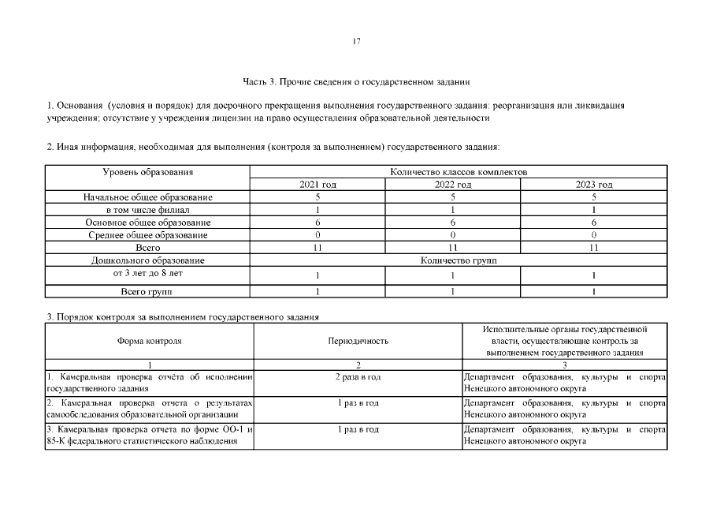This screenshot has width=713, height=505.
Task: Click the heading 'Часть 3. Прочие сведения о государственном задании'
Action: coord(357,81)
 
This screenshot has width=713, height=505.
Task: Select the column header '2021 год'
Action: coord(318,185)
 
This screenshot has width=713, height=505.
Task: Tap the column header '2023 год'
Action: coord(594,185)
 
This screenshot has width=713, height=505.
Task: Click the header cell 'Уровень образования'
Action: coord(148,171)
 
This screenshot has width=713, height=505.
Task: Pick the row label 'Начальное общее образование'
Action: coord(148,197)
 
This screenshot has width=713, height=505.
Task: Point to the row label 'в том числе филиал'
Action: coord(148,210)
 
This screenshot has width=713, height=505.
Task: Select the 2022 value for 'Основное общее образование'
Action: coord(453,223)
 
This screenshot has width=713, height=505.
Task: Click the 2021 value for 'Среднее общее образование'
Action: coord(318,235)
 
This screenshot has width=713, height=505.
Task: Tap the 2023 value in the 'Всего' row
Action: coord(594,248)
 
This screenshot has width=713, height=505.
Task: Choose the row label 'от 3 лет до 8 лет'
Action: coord(148,273)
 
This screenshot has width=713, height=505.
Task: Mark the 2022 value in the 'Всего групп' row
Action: coord(453,292)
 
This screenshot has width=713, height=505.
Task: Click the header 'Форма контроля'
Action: coord(150,342)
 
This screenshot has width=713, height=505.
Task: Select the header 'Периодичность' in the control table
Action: coord(358,342)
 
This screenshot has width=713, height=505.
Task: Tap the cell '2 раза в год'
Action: coord(358,376)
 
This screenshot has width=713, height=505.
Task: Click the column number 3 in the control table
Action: coord(564,365)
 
